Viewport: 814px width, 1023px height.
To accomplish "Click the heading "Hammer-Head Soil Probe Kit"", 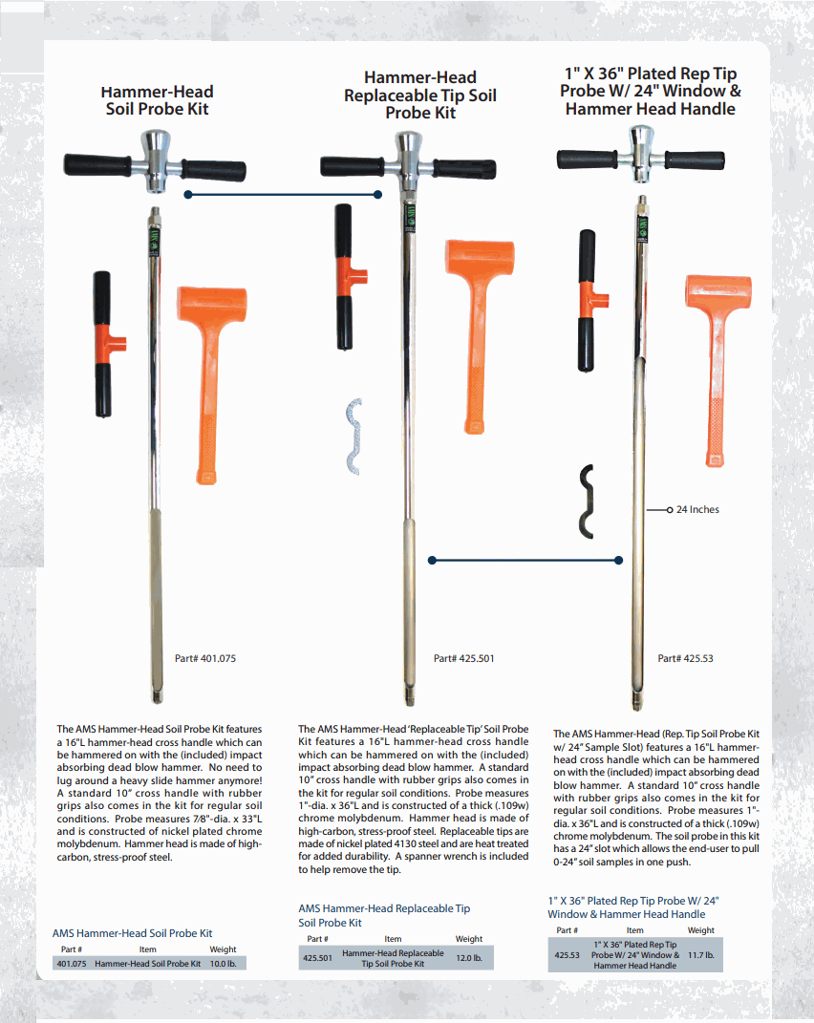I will [157, 100].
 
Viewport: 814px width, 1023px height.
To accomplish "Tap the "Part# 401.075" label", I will [204, 658].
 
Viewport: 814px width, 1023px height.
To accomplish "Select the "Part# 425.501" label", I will [463, 658].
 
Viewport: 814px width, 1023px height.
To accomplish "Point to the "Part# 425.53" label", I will [685, 658].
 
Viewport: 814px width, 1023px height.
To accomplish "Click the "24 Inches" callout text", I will [697, 510].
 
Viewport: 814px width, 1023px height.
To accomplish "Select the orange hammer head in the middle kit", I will [482, 266].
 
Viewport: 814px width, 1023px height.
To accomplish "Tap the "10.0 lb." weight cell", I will [223, 964].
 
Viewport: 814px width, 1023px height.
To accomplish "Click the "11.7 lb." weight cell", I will [701, 954].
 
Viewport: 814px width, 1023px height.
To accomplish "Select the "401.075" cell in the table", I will [72, 964].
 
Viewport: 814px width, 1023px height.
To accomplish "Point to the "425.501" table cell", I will [317, 958].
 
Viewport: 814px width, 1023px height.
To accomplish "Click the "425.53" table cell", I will [568, 954].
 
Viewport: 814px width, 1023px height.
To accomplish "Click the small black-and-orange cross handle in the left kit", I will [102, 344].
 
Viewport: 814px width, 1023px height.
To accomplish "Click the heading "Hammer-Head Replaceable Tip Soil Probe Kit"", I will [420, 96].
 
